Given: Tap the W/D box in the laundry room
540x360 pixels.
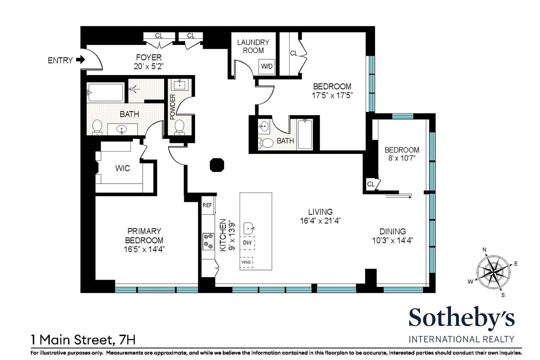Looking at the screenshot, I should coord(267,67).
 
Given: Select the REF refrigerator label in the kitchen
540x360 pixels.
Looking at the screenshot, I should coord(207,205).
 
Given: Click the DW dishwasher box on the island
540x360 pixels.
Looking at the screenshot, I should coord(247,243).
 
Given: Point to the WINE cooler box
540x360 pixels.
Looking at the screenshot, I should coord(246,262).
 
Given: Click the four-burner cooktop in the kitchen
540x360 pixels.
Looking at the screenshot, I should coord(208,241).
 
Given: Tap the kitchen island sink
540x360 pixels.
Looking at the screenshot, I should coord(249,228).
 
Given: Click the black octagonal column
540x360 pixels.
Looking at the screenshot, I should coord(217,165).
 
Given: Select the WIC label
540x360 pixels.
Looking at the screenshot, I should coord(122,168).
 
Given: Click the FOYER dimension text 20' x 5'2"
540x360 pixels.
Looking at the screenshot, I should coord(148,67).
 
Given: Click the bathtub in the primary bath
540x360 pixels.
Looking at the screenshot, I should coord(105,92).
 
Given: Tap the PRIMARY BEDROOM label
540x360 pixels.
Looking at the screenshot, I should coord(144,236).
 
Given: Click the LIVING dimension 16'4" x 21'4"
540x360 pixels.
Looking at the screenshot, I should coord(320,221).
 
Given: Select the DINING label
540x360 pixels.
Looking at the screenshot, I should coord(392,232).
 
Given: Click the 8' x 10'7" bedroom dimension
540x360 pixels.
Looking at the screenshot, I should coord(402,158).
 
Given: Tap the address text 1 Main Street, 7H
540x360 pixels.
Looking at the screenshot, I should coord(83,340).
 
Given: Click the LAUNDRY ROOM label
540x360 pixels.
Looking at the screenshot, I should coord(253,46).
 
